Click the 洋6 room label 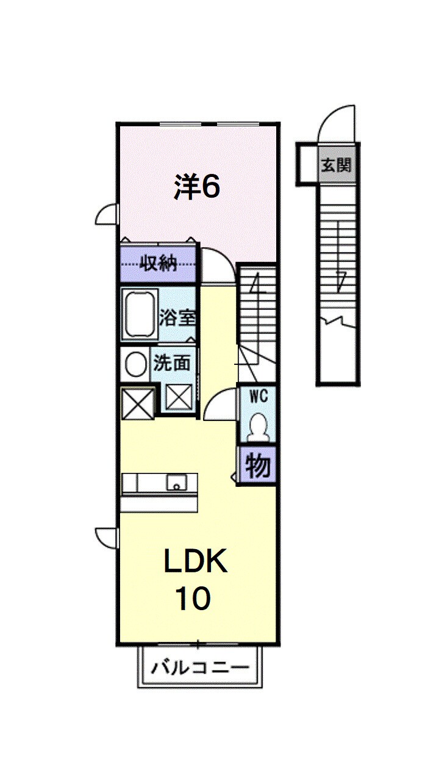coord(196,187)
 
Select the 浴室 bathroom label coord(177,317)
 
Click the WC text coord(257,396)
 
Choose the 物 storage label coord(257,467)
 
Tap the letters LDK coord(195,562)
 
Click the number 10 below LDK coord(193,599)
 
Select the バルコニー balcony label coord(200,667)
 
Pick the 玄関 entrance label coord(337,165)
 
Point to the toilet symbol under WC coord(258,426)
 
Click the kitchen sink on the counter coord(176,483)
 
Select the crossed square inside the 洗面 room coord(179,400)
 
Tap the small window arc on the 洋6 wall coord(107,214)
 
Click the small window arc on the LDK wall coord(107,537)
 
